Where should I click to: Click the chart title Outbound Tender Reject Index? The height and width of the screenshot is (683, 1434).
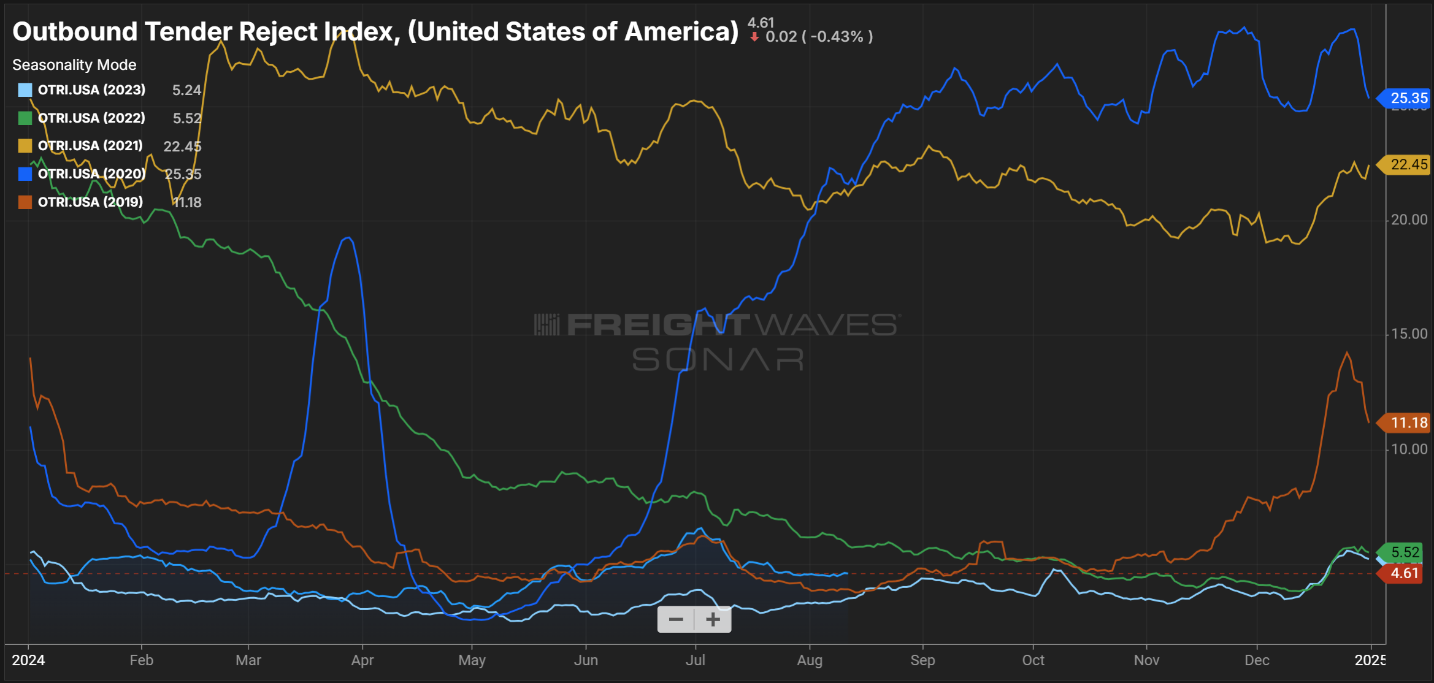tap(375, 32)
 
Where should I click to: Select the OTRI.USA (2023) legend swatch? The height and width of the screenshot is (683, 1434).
tap(25, 90)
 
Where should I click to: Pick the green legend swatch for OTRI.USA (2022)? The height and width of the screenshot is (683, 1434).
tap(25, 118)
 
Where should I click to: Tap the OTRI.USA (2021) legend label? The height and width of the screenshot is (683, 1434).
tap(90, 146)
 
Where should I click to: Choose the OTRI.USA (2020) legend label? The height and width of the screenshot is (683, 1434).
tap(91, 174)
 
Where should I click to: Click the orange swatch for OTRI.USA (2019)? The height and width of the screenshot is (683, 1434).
tap(25, 202)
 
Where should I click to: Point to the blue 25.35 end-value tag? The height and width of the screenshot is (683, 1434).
tap(1407, 98)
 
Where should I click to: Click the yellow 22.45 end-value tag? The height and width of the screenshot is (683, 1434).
tap(1407, 164)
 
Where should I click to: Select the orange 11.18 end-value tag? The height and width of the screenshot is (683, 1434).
tap(1407, 423)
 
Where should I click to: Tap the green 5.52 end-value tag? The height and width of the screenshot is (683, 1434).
tap(1404, 552)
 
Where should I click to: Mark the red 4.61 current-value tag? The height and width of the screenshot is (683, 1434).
tap(1403, 574)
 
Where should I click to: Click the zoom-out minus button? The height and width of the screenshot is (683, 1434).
tap(676, 619)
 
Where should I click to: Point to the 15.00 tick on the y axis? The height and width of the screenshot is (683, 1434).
tap(1409, 334)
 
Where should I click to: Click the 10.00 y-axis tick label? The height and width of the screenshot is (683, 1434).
tap(1409, 449)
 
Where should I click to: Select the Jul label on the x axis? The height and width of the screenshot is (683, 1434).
tap(696, 660)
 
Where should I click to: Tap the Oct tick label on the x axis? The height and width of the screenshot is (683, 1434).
tap(1033, 660)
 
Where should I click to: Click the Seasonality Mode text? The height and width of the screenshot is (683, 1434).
tap(74, 65)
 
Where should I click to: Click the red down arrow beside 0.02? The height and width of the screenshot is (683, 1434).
tap(754, 37)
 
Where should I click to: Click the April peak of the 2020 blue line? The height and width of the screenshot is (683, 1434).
tap(348, 238)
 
